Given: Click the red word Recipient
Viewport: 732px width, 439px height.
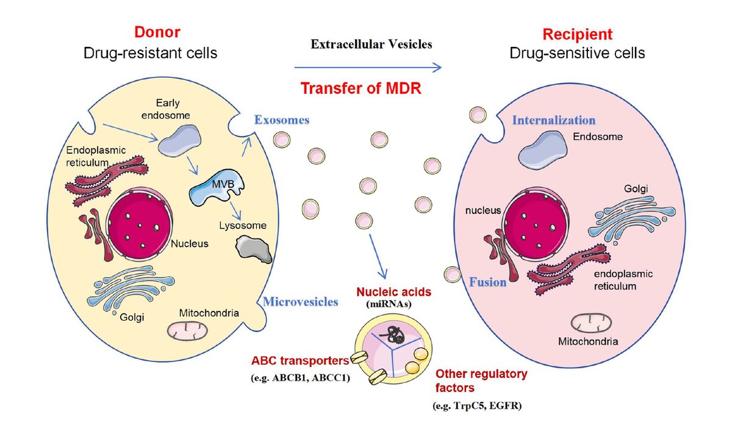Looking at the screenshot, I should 576,34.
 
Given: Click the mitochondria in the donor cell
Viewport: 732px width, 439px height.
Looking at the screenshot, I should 187,330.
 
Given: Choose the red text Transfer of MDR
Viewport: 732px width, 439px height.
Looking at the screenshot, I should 362,88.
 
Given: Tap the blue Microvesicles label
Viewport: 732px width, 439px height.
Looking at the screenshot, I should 300,301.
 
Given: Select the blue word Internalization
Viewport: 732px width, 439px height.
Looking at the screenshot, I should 553,120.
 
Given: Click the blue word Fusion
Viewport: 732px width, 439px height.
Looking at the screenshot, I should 487,282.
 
